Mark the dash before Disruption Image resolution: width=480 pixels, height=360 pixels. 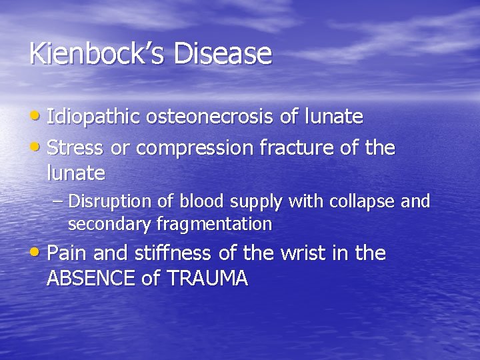tap(59, 201)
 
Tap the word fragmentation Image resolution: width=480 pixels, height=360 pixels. tap(214, 225)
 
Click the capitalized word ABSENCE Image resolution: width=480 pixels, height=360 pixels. tap(92, 278)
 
